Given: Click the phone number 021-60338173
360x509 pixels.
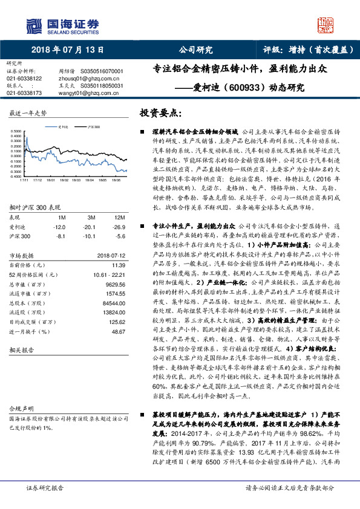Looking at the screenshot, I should pyautogui.click(x=25, y=93).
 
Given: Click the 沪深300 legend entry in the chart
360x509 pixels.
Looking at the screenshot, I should pyautogui.click(x=91, y=128).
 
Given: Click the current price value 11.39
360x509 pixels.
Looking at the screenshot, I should pyautogui.click(x=118, y=265).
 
